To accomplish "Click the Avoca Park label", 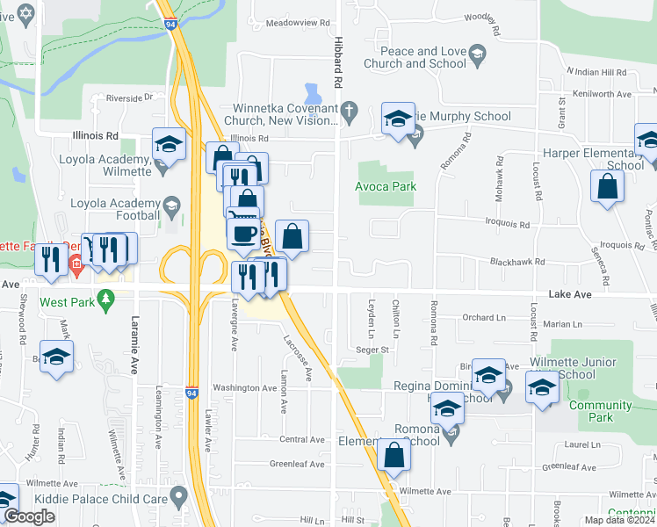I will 385,186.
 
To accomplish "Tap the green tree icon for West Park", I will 106,300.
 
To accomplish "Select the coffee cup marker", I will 243,234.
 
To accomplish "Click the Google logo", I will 29,516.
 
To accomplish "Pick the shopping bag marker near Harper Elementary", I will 607,186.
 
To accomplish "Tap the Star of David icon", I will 25,14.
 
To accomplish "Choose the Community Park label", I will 600,411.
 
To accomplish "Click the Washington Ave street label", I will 244,387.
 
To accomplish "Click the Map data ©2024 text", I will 619,520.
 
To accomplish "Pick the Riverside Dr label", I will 129,97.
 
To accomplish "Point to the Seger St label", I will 372,349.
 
